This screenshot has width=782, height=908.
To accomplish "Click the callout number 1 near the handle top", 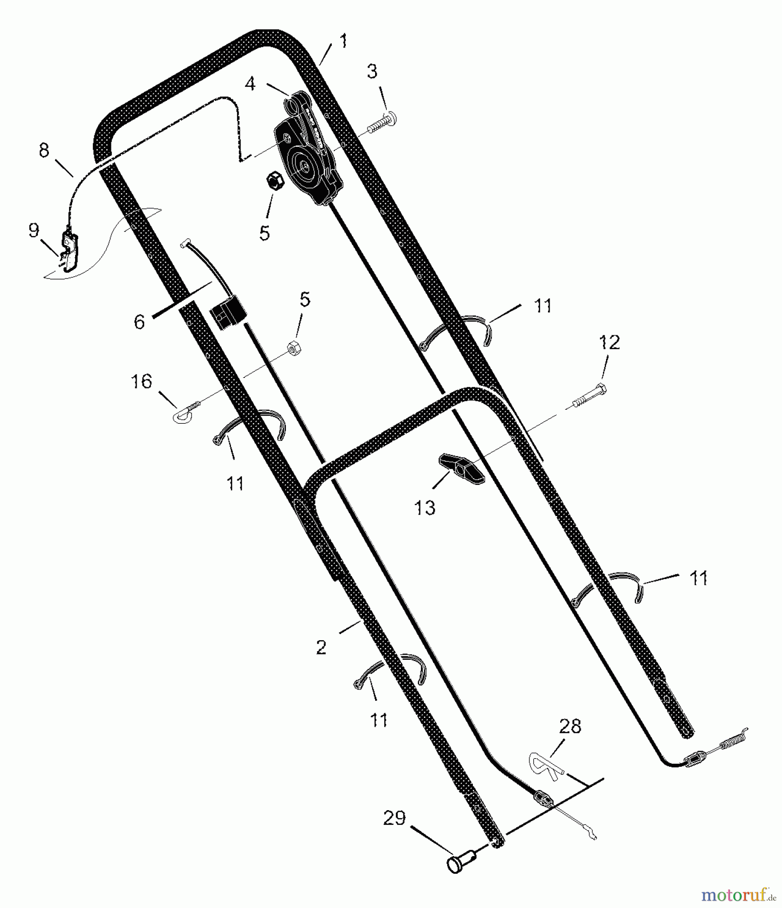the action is click(344, 41).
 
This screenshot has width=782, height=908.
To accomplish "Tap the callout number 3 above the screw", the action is click(372, 72).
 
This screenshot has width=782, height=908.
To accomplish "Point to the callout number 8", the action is click(44, 150).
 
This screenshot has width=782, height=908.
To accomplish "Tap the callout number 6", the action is click(139, 321).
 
